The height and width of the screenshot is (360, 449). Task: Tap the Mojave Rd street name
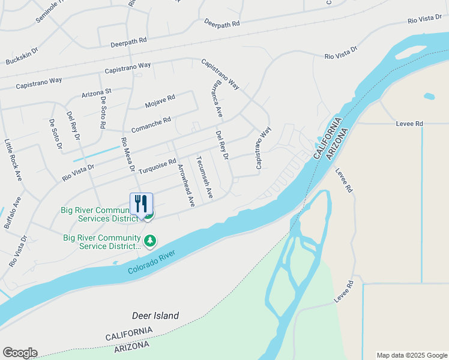coord(160,101)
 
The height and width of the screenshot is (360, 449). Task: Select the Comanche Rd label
coord(151,125)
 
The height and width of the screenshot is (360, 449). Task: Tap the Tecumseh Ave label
coord(205,178)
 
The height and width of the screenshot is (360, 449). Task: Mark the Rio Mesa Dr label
coord(128,155)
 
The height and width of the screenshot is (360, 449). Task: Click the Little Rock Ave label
coord(13,160)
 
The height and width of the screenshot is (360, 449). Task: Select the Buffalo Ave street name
coord(13,212)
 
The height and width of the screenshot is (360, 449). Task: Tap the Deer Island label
coord(155,316)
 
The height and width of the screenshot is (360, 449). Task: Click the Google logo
coord(20,353)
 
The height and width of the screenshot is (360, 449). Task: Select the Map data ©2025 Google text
coord(411,355)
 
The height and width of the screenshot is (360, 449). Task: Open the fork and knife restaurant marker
coord(141,203)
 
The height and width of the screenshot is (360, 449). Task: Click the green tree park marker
coord(150,241)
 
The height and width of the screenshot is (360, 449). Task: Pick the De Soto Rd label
coord(103,113)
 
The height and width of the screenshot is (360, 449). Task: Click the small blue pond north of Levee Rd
coord(429,96)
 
